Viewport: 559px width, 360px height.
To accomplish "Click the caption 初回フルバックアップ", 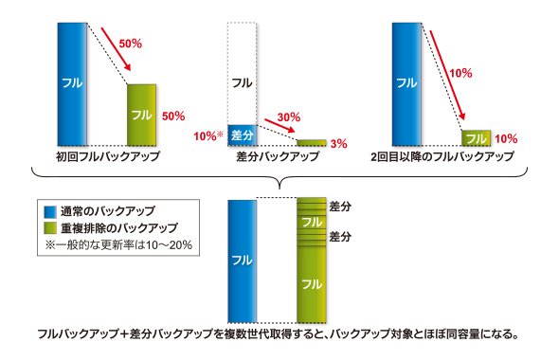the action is pos(108,156).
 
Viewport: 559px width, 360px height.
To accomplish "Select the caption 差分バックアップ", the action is pos(278,156).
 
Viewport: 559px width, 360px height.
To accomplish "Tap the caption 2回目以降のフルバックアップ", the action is pos(442,156).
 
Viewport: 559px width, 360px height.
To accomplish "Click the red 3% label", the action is pos(338,144).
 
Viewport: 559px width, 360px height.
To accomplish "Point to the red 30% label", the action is pos(289,117).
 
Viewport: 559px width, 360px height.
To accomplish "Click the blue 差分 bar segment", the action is pos(243,135).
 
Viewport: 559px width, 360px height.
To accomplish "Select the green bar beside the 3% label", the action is pos(312,142).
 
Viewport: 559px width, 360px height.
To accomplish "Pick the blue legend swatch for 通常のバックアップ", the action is pos(50,211).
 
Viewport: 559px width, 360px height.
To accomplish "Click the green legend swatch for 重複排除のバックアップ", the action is pos(50,227).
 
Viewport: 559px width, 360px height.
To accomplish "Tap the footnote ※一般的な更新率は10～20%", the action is pos(118,244).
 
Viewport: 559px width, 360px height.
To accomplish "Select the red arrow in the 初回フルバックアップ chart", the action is pos(116,49).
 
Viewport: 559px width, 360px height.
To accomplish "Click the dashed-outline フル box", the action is pos(242,74).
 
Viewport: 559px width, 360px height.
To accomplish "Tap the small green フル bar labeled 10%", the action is pos(477,138).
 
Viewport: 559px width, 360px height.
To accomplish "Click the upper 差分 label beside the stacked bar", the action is pos(340,207).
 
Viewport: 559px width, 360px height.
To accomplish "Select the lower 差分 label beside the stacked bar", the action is pos(340,236).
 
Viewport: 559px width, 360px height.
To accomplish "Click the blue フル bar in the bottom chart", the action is pos(243,261).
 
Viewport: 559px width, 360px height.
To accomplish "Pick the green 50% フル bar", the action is pos(141,116).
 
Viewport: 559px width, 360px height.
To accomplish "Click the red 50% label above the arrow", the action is pos(131,44).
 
